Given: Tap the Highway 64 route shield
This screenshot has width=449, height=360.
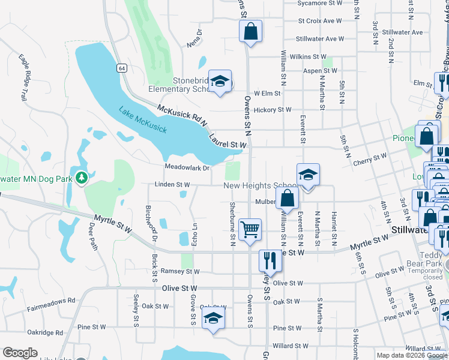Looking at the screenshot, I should tap(122, 68).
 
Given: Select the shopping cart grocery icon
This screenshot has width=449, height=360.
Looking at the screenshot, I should tap(250, 229).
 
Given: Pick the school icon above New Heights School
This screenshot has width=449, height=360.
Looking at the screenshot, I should tap(308, 175).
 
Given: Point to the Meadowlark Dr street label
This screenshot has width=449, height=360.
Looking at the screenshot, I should tap(187, 167).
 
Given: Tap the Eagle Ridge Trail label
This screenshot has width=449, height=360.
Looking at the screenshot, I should tap(24, 77).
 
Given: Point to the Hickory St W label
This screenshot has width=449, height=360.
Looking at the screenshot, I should tap(273, 110).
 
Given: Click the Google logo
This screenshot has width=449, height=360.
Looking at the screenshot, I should tap(20, 353).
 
